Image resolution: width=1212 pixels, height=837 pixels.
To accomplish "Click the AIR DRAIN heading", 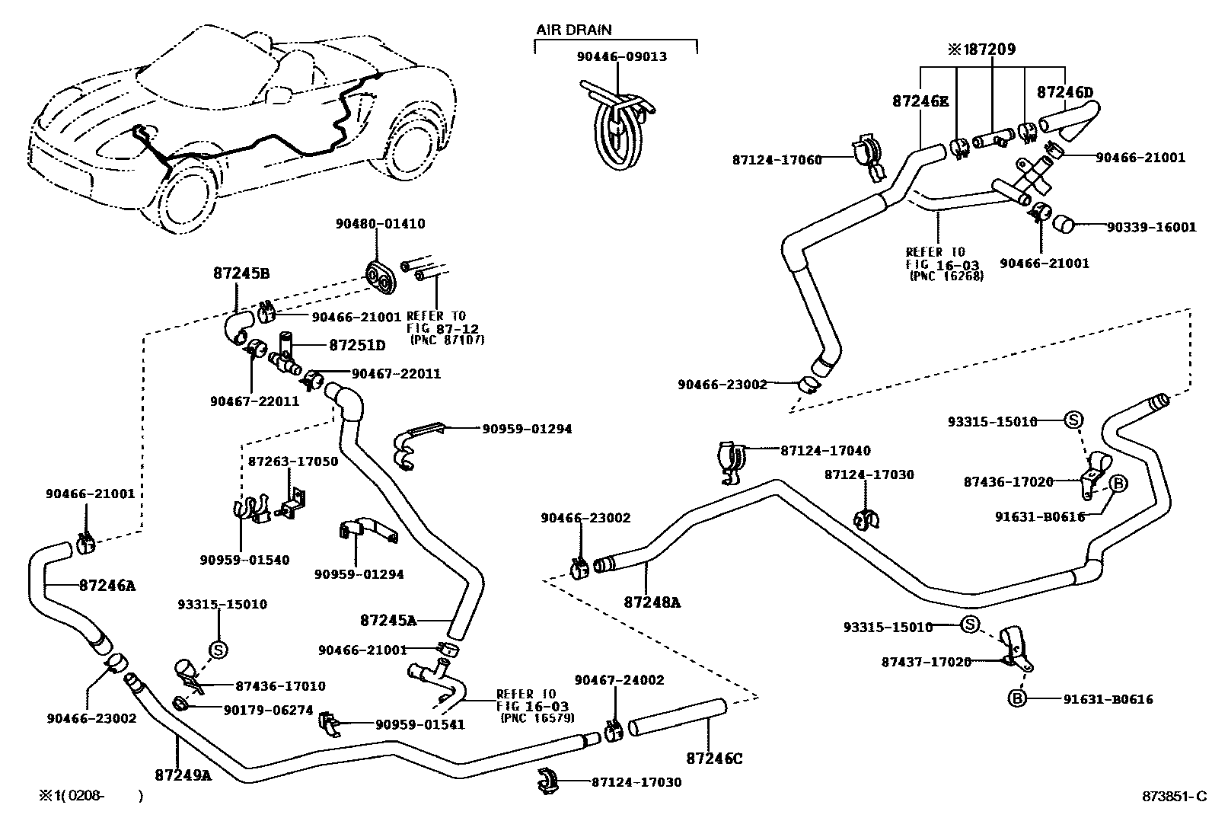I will pos(573,30).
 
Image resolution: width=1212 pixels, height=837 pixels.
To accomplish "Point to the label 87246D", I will pos(1065,93).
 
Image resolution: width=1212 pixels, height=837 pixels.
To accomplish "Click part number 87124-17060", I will pos(777,160).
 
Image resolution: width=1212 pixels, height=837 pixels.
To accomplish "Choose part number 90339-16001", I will pos(1151,227).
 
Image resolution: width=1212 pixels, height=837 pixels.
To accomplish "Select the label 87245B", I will pos(241,274).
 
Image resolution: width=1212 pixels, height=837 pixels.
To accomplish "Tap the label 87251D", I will pos(356,345).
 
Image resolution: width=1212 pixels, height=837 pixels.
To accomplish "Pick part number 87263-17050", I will pos(292,462).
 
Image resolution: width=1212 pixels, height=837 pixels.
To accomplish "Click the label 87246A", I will pos(107,586).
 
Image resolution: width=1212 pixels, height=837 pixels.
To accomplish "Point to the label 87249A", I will pos(183,775).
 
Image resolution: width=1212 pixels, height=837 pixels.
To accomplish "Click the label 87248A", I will pos(652,602).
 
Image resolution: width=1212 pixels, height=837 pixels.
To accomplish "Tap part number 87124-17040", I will pos(825,451).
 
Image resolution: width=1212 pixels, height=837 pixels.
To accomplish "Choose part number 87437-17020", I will pos(927,662).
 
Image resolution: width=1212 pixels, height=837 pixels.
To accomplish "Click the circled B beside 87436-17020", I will pos(1118,483).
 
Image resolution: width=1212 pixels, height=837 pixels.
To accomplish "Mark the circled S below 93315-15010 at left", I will pos(218,649).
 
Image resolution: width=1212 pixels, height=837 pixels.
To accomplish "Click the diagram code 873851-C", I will pos(1173,797).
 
